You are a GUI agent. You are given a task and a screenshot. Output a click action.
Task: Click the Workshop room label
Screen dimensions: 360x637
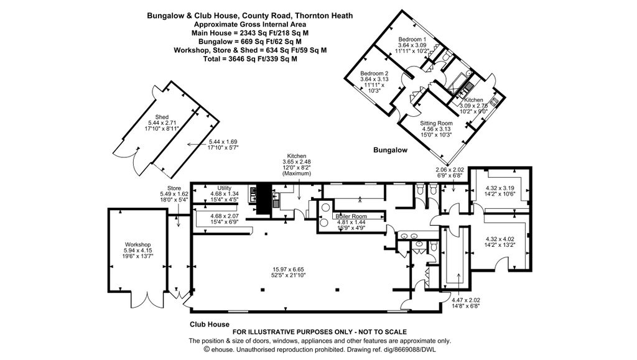pos(137,245)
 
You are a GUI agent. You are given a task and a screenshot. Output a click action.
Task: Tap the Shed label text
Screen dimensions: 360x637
pos(162,117)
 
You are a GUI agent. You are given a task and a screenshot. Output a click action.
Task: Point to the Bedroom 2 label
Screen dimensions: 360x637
pos(374,73)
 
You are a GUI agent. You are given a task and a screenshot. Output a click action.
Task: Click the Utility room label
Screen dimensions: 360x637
pos(225,188)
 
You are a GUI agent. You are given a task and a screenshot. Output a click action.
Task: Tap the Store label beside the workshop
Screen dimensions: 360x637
pos(174,188)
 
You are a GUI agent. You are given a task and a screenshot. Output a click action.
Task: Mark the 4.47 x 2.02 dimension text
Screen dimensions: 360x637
pos(465,300)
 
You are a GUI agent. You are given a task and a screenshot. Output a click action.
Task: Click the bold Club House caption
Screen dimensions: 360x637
pos(210,325)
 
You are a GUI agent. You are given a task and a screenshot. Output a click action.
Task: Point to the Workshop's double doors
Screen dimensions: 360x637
pos(147,300)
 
